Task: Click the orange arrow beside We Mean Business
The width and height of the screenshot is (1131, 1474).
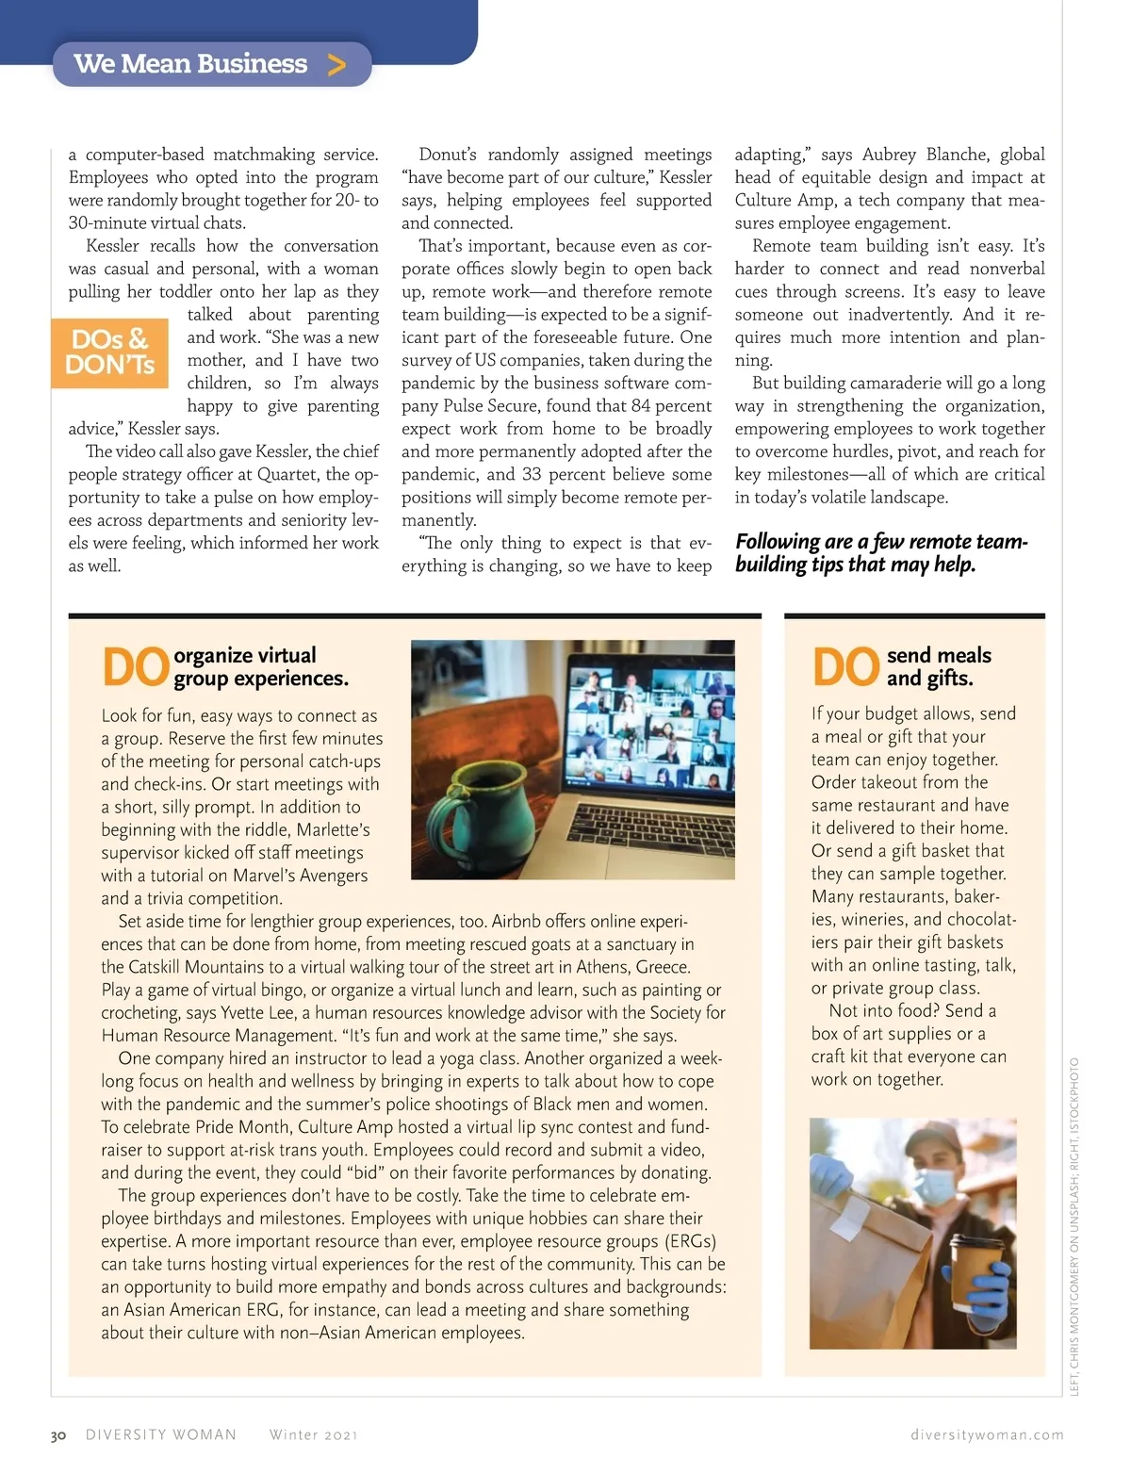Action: (336, 64)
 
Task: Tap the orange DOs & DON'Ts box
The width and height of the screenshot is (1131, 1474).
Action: (110, 352)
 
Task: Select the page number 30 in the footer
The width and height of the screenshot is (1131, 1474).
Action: (58, 1435)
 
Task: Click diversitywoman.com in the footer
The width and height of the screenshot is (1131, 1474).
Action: (987, 1434)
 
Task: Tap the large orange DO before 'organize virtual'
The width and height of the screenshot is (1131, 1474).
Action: (135, 667)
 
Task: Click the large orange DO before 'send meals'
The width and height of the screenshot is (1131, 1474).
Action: (845, 667)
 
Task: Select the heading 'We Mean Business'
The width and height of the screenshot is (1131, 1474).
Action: (190, 64)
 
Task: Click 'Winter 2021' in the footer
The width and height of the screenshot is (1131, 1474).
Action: (313, 1434)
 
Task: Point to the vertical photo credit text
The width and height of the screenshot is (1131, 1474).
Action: (1074, 1225)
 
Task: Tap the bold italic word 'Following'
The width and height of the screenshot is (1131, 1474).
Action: (778, 541)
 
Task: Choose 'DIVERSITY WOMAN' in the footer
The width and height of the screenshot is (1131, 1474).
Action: (161, 1434)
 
